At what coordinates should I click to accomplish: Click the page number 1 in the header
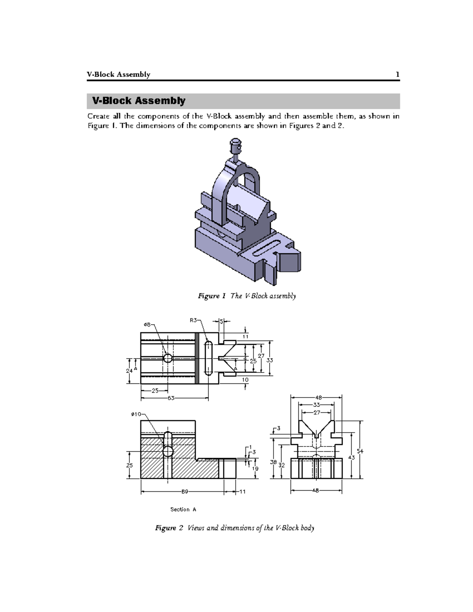click(397, 74)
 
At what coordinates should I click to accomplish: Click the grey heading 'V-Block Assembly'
click(138, 101)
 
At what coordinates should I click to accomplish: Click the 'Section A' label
click(183, 510)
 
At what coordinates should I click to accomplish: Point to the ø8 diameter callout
click(147, 324)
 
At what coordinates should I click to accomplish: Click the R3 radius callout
click(194, 320)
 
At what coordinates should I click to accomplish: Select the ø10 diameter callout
click(136, 414)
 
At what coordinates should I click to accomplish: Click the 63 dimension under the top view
click(171, 398)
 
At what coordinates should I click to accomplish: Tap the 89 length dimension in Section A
click(184, 491)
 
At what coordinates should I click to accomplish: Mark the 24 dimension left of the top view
click(129, 371)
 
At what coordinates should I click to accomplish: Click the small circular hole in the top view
click(168, 358)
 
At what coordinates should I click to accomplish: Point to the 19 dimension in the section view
click(255, 469)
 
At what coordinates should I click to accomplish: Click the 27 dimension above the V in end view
click(317, 413)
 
